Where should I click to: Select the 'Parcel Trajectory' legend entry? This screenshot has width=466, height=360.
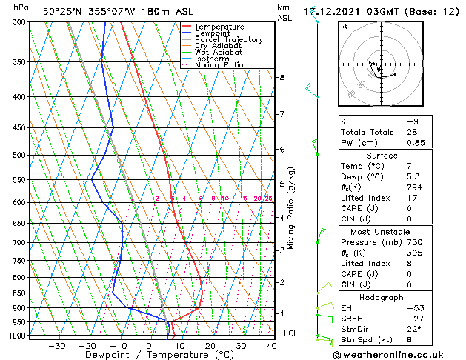point(228,39)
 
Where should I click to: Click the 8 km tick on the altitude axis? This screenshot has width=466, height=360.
point(282,77)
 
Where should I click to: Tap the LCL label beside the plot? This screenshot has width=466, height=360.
point(291,333)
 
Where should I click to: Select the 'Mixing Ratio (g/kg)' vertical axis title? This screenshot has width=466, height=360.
point(291,208)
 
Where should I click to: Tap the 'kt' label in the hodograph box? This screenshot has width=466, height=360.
point(344,27)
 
